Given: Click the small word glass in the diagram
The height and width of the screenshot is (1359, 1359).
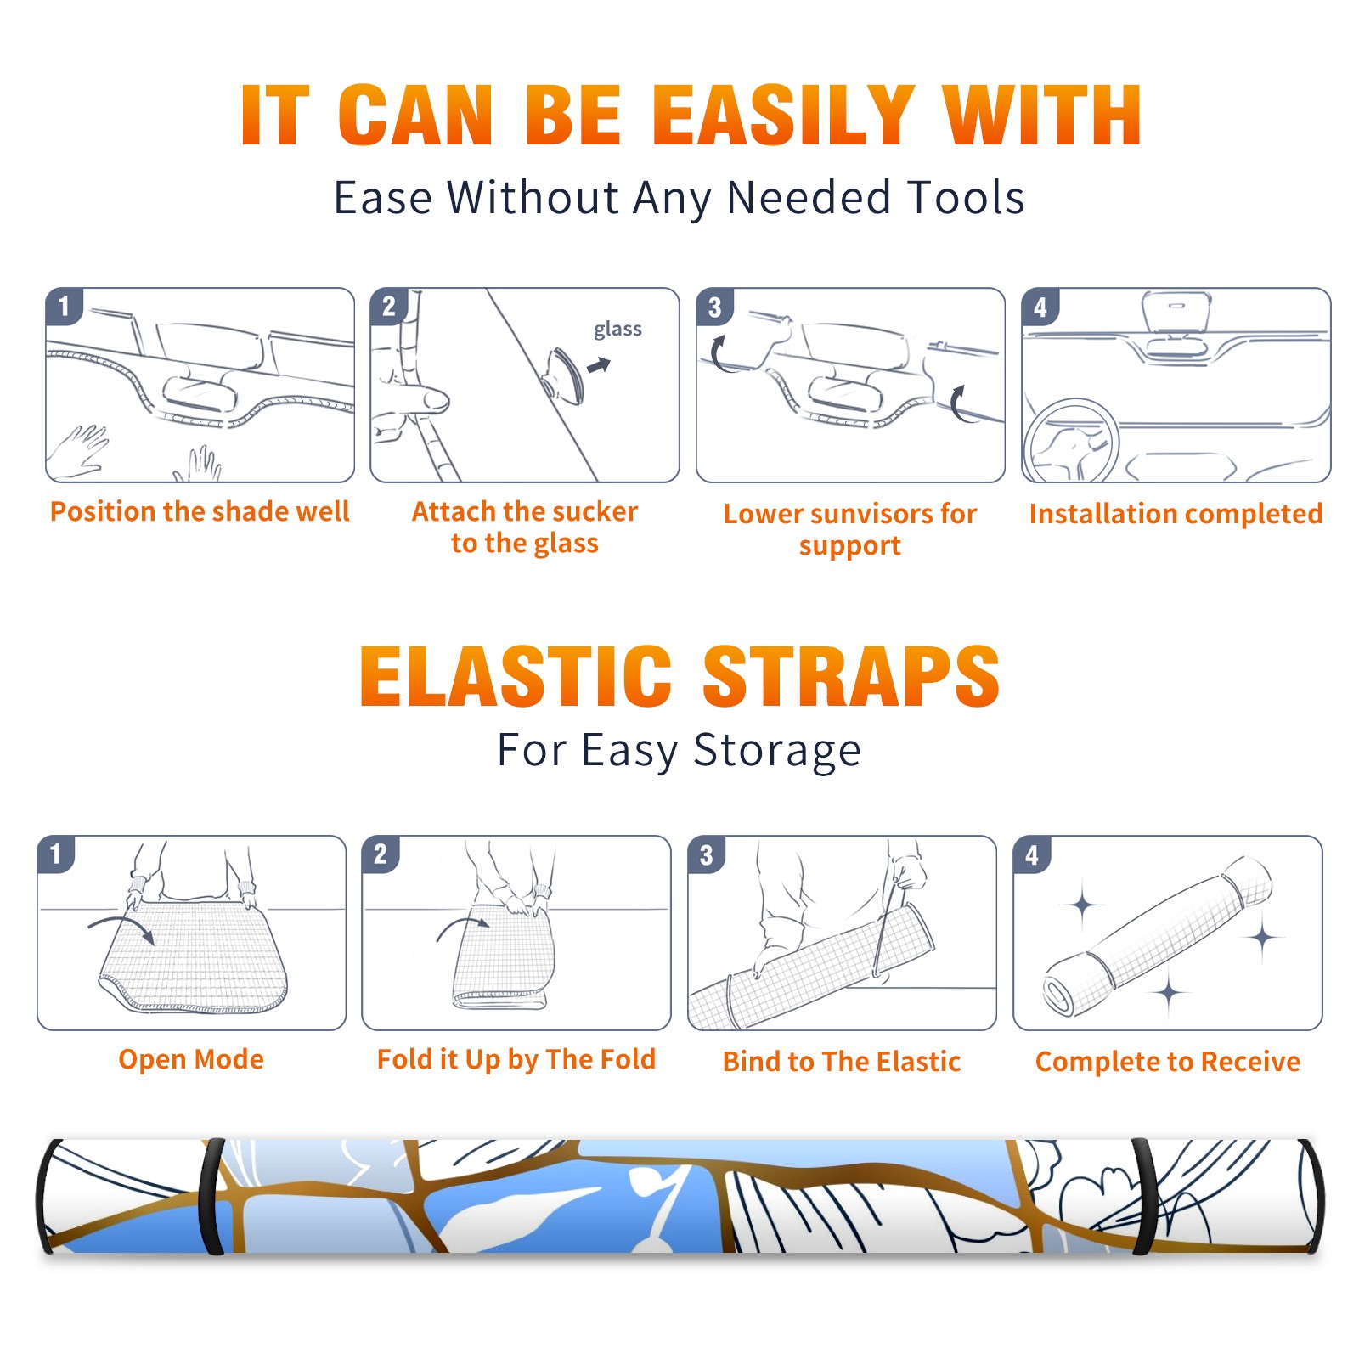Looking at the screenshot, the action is (617, 330).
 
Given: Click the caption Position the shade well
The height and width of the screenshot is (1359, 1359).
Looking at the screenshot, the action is (200, 511).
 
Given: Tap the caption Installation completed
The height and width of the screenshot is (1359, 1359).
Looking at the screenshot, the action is (1176, 514).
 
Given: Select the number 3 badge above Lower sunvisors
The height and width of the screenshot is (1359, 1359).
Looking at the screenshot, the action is (714, 307).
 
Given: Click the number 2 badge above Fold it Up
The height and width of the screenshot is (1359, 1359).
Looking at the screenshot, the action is (381, 854).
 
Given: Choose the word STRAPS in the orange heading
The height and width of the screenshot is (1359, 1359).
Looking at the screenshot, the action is (851, 676).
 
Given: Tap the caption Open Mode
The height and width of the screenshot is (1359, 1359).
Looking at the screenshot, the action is (191, 1059).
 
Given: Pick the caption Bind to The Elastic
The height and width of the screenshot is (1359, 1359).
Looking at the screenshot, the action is (842, 1062).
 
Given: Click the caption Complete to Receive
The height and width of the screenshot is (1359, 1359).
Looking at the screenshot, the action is (1168, 1062).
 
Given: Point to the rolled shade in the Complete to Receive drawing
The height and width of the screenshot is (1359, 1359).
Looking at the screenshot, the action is (1158, 935).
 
